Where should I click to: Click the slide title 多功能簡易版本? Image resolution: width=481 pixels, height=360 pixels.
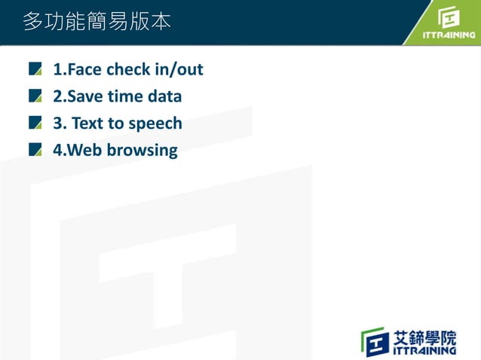(97, 22)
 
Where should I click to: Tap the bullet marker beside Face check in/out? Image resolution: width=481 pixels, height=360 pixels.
(35, 70)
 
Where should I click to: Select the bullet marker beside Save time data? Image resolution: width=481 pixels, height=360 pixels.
(35, 96)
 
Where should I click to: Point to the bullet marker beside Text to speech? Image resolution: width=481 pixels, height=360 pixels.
(35, 123)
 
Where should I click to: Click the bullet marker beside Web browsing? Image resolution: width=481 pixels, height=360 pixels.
(35, 150)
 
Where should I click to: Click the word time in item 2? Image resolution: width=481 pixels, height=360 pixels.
(124, 96)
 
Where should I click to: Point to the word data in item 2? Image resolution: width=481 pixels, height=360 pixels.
(164, 96)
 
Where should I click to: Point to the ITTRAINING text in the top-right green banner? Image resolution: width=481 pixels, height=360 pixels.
(449, 35)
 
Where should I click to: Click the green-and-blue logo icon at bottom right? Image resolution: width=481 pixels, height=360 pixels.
(375, 341)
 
